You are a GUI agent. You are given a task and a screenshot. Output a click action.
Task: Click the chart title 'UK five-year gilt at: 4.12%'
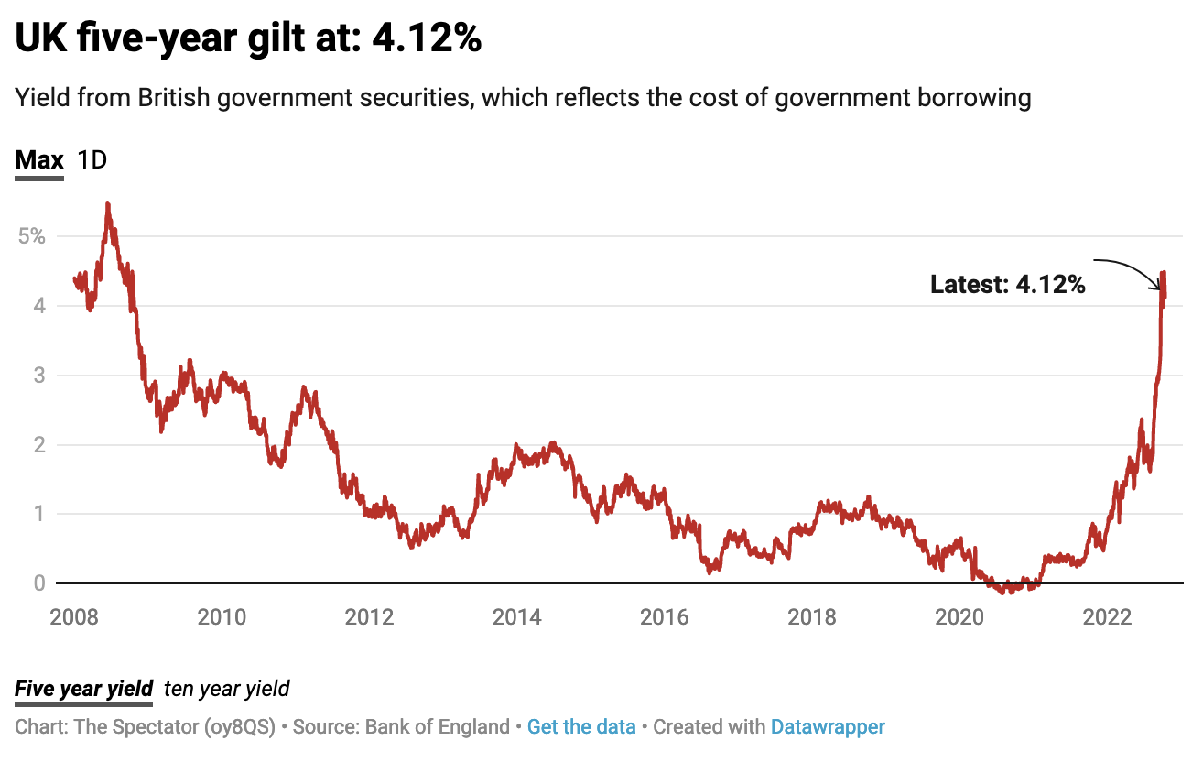pyautogui.click(x=248, y=39)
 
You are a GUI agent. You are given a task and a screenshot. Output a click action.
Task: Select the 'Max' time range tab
pyautogui.click(x=39, y=160)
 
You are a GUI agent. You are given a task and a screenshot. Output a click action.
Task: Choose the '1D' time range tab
pyautogui.click(x=92, y=160)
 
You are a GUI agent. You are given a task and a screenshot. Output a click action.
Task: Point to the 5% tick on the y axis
pyautogui.click(x=31, y=235)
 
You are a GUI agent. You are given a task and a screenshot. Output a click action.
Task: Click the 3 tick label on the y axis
pyautogui.click(x=38, y=375)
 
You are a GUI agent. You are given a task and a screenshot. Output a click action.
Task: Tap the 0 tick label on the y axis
pyautogui.click(x=38, y=583)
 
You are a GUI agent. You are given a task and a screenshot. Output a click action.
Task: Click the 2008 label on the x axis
pyautogui.click(x=74, y=617)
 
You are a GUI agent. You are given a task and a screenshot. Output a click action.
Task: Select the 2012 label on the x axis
pyautogui.click(x=370, y=617)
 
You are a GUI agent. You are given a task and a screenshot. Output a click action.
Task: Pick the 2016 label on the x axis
pyautogui.click(x=666, y=617)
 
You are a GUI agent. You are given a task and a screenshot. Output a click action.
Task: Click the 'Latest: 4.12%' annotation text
pyautogui.click(x=1007, y=285)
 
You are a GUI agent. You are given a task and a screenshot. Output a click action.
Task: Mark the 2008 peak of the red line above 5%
pyautogui.click(x=108, y=204)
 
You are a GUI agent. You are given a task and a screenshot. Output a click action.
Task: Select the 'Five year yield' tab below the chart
pyautogui.click(x=83, y=689)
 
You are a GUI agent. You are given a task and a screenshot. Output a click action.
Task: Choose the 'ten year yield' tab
pyautogui.click(x=226, y=689)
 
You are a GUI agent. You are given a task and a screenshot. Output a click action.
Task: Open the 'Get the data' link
pyautogui.click(x=581, y=727)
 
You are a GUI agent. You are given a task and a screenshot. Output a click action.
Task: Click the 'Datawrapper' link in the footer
pyautogui.click(x=828, y=727)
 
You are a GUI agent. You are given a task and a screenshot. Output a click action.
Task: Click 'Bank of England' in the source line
pyautogui.click(x=437, y=727)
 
